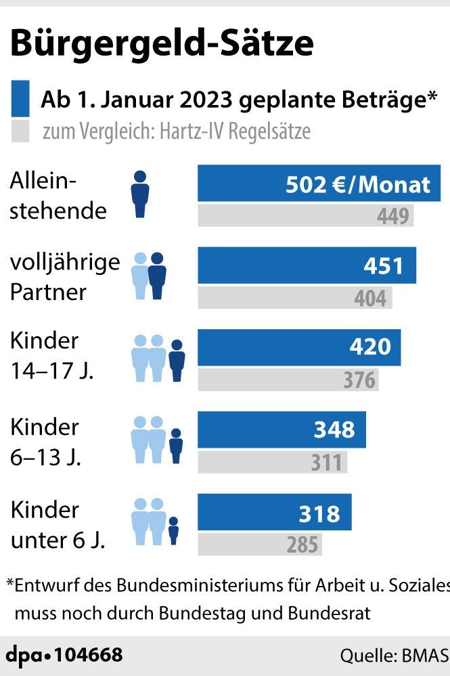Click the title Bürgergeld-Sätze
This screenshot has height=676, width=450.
click(162, 43)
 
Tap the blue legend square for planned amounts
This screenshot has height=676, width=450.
click(21, 99)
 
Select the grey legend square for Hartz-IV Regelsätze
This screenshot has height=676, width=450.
click(21, 131)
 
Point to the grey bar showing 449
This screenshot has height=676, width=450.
click(305, 216)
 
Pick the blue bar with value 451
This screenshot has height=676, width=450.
click(307, 266)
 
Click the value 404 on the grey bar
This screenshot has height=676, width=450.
click(370, 298)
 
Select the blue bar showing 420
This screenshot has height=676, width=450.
click(299, 347)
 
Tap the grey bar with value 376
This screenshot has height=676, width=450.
click(288, 380)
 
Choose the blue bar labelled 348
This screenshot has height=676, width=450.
click(282, 429)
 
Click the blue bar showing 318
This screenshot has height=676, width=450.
click(274, 512)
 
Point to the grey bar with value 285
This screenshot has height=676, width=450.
click(259, 544)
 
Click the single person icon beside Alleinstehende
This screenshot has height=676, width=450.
click(140, 194)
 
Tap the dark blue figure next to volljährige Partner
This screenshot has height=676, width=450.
click(157, 276)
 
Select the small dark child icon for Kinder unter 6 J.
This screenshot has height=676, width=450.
click(173, 530)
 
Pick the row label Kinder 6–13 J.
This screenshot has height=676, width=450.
click(45, 442)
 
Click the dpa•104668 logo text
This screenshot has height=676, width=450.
click(65, 655)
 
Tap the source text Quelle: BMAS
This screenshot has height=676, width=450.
click(394, 656)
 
